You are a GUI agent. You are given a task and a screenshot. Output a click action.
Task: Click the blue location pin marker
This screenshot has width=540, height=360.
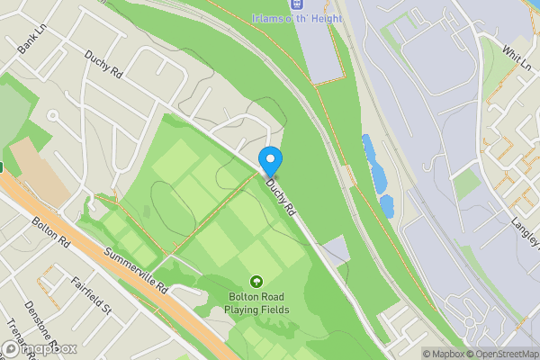[x=270, y=160]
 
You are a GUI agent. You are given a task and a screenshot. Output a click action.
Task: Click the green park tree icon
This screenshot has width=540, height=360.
[x=256, y=282]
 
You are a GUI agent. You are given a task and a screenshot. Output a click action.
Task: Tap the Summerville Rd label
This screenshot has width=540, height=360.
[x=136, y=273]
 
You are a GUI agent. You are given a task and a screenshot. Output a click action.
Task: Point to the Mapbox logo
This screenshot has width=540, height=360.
[x=40, y=348]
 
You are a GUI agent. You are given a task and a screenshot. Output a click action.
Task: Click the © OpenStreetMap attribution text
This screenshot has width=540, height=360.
[x=501, y=353]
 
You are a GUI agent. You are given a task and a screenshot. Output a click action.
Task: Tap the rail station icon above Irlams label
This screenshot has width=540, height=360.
[x=293, y=4]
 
